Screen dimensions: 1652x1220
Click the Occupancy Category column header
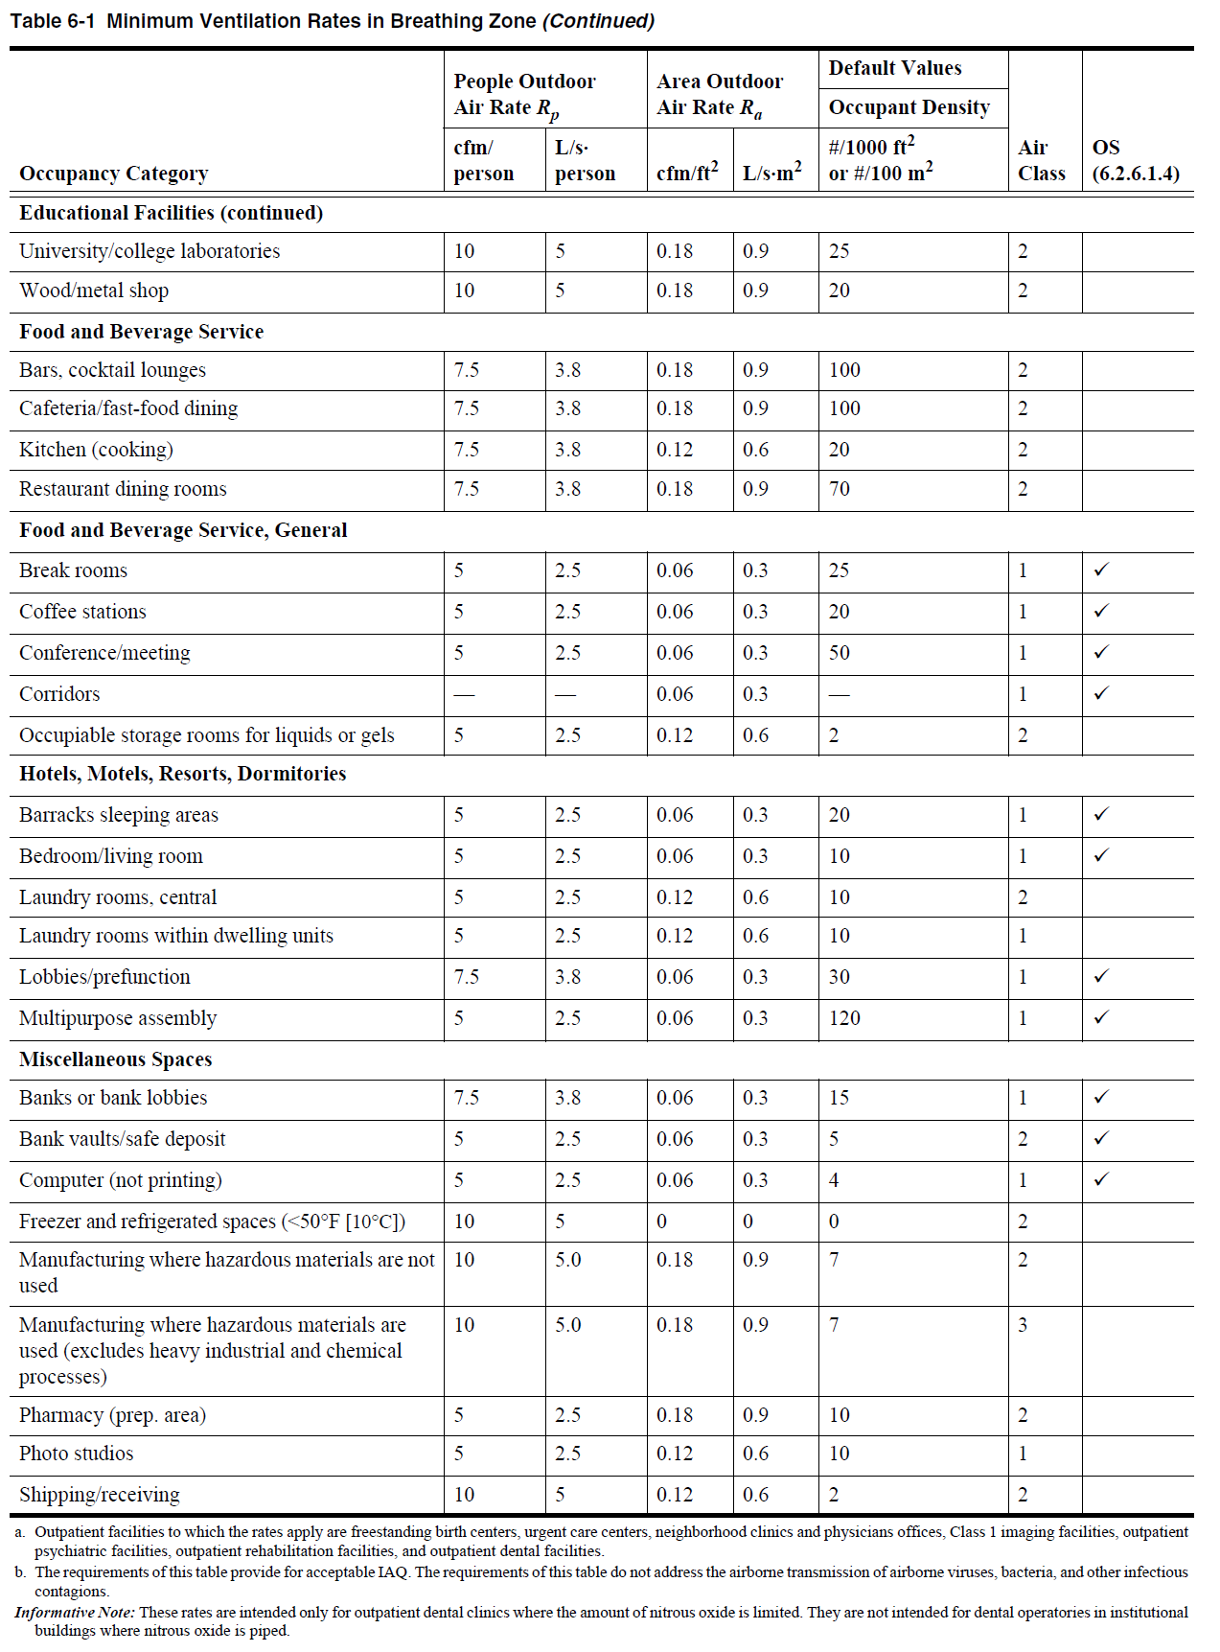click(113, 174)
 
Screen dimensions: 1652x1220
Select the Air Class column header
click(1041, 160)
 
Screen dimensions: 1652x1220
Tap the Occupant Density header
click(909, 107)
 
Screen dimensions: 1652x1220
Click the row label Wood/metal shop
click(94, 291)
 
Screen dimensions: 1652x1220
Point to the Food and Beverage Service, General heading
click(183, 530)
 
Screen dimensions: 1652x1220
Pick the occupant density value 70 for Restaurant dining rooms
click(840, 489)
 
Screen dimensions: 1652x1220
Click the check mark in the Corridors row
click(1101, 693)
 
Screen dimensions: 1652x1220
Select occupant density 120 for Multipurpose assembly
click(844, 1018)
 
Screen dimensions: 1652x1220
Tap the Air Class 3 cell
click(1023, 1325)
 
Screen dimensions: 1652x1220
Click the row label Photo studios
click(77, 1454)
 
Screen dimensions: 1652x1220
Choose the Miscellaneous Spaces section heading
click(116, 1059)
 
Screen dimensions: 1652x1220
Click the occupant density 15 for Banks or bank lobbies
click(840, 1098)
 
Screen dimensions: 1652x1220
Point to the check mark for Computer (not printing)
click(1101, 1179)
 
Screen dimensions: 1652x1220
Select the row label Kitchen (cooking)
click(96, 450)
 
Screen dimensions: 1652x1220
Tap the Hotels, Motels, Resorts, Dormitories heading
click(183, 774)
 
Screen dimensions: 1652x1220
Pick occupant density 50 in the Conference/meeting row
click(840, 653)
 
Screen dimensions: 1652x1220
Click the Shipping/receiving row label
click(100, 1495)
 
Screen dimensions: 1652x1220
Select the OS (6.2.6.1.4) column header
click(1135, 160)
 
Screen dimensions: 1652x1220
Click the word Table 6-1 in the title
click(53, 21)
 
